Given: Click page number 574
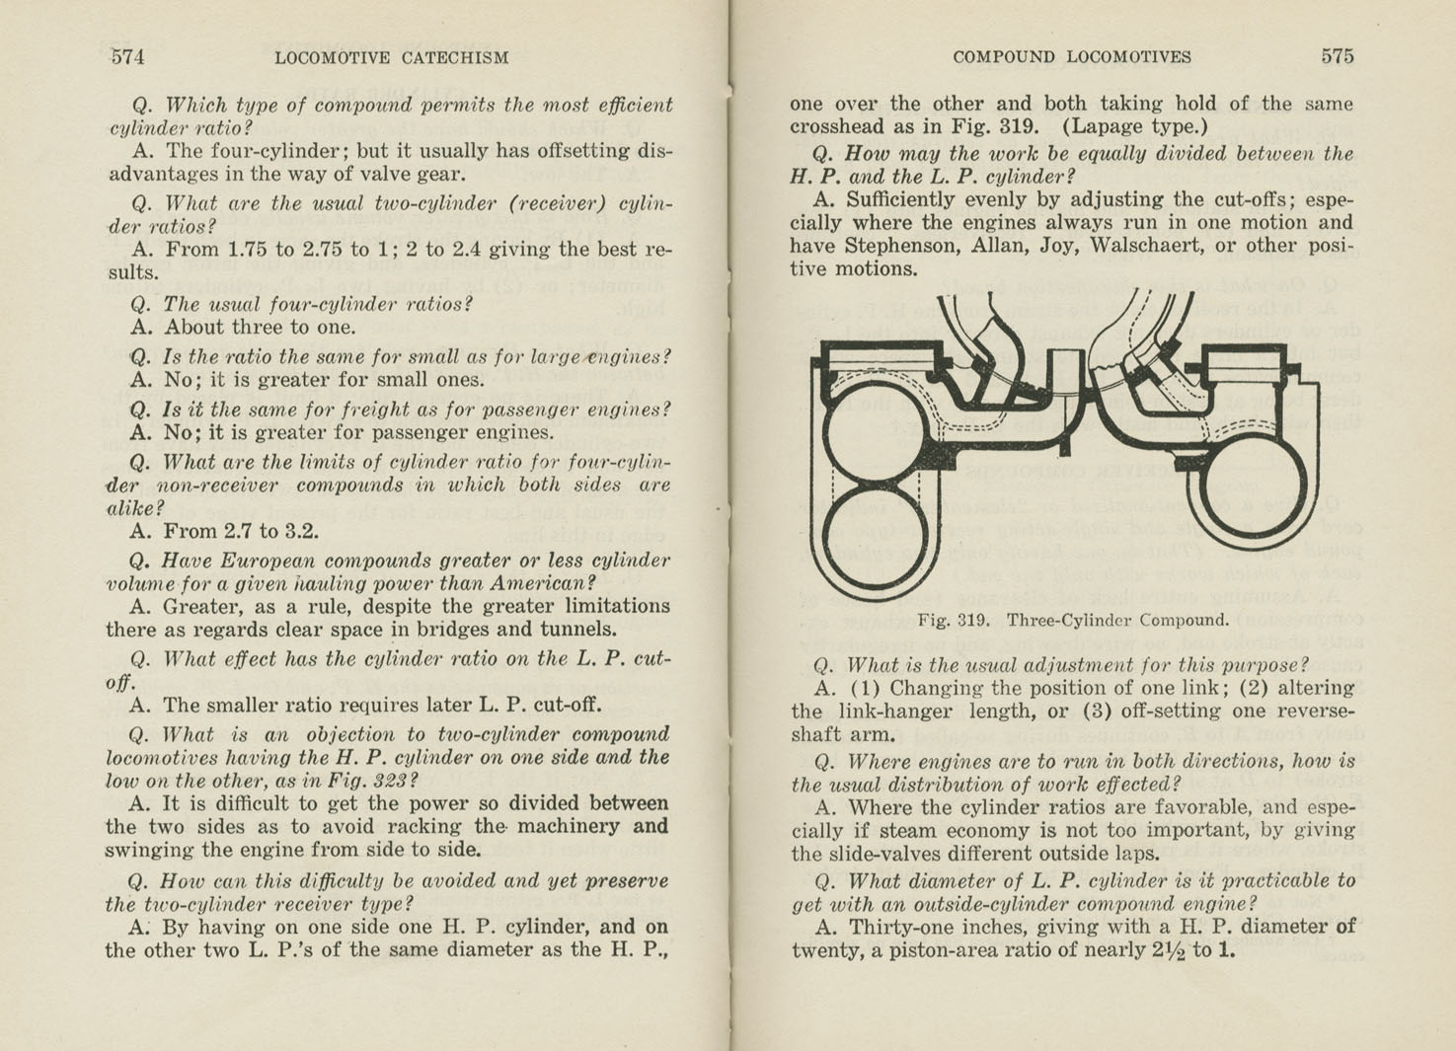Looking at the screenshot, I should tap(127, 57).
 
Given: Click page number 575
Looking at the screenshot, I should tap(1338, 56).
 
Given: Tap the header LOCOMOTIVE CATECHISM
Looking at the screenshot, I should tap(392, 57).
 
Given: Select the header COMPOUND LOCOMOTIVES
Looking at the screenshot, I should tap(1072, 57).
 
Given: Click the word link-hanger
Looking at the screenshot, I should tap(894, 711).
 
